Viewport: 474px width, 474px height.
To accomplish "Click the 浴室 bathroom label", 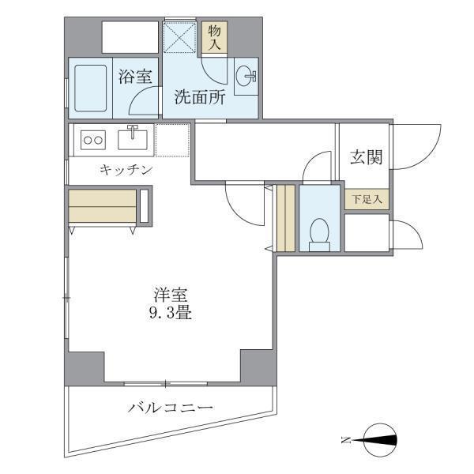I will pos(135,77).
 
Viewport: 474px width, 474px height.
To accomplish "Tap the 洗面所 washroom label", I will pos(200,98).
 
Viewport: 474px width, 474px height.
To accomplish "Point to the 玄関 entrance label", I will pos(366,157).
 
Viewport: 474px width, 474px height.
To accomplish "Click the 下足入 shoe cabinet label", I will pos(366,199).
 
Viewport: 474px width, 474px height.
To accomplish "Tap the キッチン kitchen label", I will pos(126,169).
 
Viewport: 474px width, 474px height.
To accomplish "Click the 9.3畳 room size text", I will pos(171,313).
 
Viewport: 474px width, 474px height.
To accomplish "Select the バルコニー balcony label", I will pos(171,408).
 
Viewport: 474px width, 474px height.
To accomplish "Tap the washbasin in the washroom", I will pos(246,77).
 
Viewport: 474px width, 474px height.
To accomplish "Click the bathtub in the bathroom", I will pos(92,88).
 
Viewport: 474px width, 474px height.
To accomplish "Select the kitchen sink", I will pos(133,139).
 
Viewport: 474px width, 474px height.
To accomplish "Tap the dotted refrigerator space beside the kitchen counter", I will pos(172,140).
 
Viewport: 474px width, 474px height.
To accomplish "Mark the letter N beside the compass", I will pos(344,440).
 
